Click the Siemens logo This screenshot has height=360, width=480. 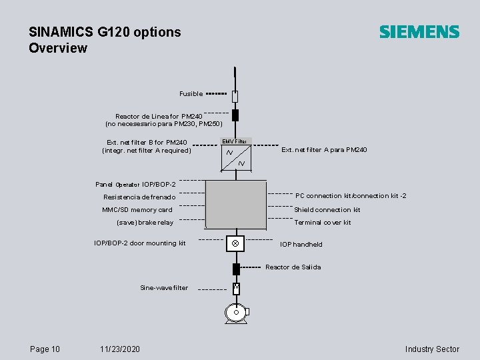(x=419, y=32)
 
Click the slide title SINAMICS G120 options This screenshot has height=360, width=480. (x=105, y=32)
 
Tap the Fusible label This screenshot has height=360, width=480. (x=191, y=94)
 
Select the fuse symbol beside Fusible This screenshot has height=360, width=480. (x=235, y=96)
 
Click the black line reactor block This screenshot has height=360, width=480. (x=235, y=115)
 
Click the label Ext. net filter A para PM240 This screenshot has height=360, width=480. (x=324, y=150)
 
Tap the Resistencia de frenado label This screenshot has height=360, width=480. (x=139, y=197)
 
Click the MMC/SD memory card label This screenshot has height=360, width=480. (x=137, y=210)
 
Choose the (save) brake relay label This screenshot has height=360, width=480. (x=145, y=223)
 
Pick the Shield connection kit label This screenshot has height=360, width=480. (x=327, y=210)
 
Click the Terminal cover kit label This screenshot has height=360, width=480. (x=323, y=223)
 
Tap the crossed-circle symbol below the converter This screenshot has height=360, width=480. (x=235, y=244)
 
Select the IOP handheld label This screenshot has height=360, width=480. (x=301, y=245)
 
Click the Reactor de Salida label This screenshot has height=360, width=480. (x=293, y=267)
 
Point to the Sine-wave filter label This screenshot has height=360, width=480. (x=164, y=288)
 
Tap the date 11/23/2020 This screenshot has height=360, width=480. (x=119, y=349)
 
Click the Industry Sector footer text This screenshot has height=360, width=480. (x=432, y=349)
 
